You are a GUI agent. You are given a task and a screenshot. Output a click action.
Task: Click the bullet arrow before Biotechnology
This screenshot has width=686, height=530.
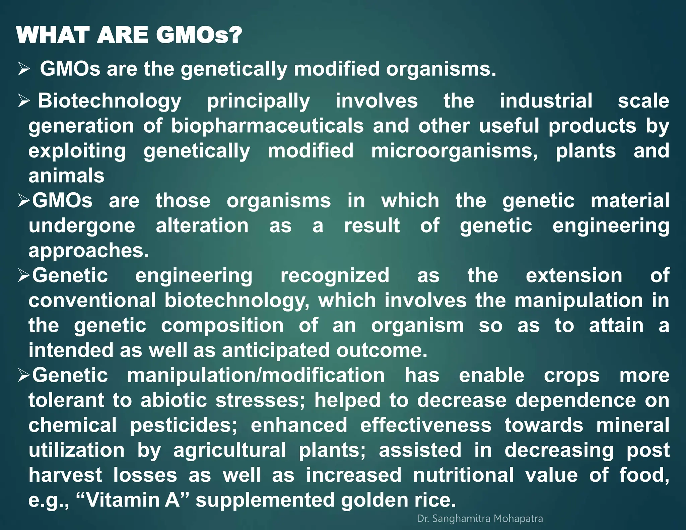click(24, 101)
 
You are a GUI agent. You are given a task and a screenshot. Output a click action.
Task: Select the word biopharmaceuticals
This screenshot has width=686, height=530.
click(267, 126)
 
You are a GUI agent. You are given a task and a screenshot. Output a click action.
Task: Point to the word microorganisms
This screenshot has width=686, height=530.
click(454, 151)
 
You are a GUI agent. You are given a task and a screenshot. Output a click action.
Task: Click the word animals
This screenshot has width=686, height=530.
click(66, 176)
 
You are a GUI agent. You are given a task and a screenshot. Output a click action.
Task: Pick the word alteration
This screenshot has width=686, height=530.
click(202, 225)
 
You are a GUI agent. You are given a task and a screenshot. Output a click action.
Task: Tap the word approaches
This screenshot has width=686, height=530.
click(88, 250)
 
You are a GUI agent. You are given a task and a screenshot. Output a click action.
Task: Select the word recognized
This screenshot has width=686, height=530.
click(335, 275)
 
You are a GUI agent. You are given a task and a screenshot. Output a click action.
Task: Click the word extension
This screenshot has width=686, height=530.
click(574, 275)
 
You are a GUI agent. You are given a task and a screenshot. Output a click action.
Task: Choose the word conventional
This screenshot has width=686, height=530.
click(92, 300)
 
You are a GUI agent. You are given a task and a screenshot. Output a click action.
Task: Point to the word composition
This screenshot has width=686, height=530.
click(222, 325)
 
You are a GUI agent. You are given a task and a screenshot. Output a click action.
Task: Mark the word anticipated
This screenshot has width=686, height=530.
click(276, 350)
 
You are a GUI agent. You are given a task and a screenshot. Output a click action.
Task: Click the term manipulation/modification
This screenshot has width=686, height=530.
click(256, 375)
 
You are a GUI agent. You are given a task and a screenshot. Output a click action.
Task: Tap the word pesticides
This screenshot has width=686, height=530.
click(184, 425)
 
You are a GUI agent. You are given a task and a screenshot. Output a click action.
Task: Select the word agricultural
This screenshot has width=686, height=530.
click(229, 450)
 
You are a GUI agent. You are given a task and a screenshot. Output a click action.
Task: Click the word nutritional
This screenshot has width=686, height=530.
click(463, 475)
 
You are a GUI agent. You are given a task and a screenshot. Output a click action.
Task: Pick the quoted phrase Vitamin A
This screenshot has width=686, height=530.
click(133, 500)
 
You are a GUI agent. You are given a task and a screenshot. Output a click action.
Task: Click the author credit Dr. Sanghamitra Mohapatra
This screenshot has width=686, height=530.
click(480, 519)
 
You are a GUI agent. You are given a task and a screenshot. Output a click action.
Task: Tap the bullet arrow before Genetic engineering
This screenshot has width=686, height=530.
click(24, 276)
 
